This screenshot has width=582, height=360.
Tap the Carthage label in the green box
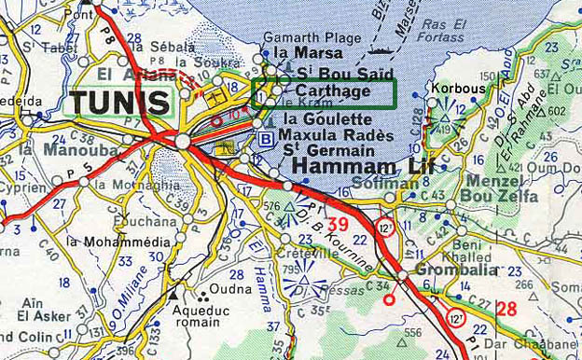tap(333, 91)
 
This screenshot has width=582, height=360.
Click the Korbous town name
tap(458, 89)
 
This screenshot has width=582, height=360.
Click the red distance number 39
tap(338, 224)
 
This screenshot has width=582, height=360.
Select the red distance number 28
tap(506, 309)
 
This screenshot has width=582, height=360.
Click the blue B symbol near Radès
tap(266, 139)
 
